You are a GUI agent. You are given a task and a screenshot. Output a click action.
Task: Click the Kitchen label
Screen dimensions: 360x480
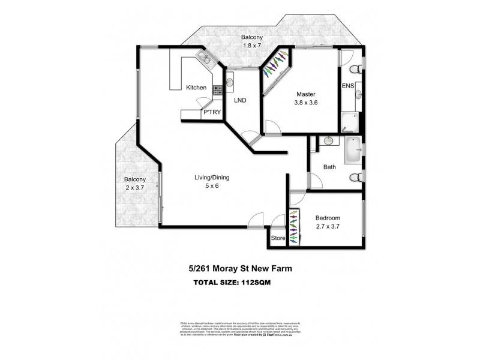click(x=196, y=88)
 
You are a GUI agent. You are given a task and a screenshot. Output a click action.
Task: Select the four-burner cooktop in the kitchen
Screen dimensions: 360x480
click(x=217, y=91)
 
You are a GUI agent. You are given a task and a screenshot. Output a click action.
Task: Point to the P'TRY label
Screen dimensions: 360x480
click(x=211, y=112)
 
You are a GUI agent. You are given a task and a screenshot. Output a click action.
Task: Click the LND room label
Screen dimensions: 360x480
click(x=240, y=100)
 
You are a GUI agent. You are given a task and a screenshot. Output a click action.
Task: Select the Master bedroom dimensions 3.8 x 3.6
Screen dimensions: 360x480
click(x=305, y=103)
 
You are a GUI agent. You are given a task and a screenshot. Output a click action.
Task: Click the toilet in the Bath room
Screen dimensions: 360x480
click(x=356, y=177)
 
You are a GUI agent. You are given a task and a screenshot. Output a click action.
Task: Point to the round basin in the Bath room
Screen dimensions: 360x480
click(x=328, y=141)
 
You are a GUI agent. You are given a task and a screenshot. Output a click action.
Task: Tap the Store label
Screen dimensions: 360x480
click(x=277, y=238)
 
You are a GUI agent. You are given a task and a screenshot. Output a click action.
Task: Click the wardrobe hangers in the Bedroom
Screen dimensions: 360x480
click(x=293, y=227)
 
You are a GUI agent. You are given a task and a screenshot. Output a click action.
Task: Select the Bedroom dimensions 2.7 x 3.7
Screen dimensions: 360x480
click(x=328, y=226)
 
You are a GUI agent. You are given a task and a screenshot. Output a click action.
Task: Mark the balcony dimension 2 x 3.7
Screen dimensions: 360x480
click(x=134, y=188)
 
